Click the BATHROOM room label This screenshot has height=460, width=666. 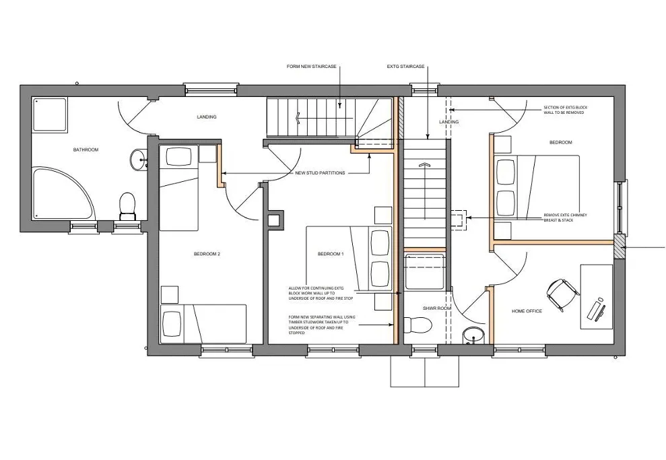86,150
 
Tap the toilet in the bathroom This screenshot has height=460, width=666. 127,206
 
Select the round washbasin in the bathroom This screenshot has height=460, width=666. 138,160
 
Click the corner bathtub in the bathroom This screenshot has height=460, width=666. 61,194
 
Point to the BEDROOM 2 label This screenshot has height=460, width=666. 207,254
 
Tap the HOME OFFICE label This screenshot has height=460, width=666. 527,311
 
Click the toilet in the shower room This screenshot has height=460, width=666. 419,325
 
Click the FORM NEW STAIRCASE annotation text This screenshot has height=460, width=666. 311,67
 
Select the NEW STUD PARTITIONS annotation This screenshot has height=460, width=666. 320,173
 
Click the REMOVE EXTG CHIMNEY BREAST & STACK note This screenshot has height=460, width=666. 566,218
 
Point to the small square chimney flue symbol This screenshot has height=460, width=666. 273,220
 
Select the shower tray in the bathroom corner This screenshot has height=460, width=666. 50,114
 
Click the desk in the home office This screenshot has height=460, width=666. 597,296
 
